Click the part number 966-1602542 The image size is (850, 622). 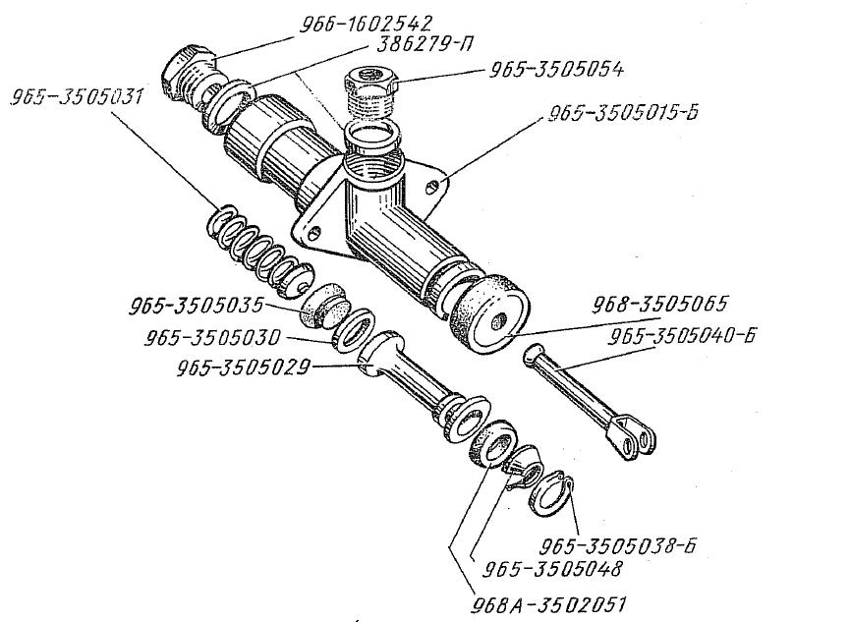click(367, 24)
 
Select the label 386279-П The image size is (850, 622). click(424, 43)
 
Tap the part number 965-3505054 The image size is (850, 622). click(557, 70)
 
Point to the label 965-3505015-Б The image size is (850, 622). click(623, 113)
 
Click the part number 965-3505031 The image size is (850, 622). click(77, 97)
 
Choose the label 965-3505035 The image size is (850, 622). click(196, 306)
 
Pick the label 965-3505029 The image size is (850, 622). click(244, 368)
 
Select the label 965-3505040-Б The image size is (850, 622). click(681, 336)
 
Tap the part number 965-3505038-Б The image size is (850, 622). click(618, 545)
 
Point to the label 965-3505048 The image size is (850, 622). click(552, 569)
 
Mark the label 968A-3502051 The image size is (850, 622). click(548, 603)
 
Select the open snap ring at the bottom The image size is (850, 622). click(552, 494)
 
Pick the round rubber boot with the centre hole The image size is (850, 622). click(488, 313)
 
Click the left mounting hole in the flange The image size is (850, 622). click(314, 234)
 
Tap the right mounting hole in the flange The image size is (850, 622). click(432, 187)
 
